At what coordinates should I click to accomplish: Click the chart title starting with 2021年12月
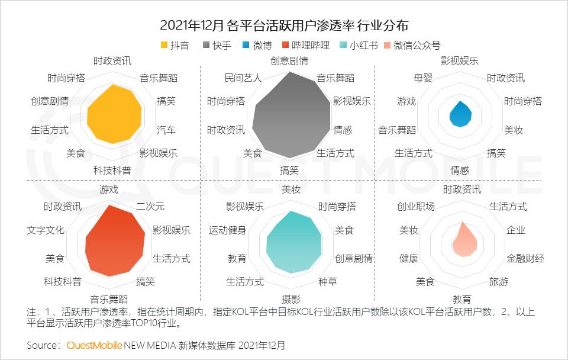(x=284, y=25)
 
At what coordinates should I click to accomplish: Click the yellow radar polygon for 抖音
(x=114, y=115)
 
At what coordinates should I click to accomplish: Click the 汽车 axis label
(x=166, y=130)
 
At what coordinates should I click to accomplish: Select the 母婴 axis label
(x=425, y=78)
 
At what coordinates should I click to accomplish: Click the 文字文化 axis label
(x=46, y=230)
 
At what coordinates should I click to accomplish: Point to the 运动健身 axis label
(x=227, y=230)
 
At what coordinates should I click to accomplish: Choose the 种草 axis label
(x=327, y=281)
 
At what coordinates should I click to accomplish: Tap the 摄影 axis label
(x=290, y=298)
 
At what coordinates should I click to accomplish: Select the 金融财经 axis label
(x=525, y=258)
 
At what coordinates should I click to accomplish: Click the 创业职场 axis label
(x=415, y=206)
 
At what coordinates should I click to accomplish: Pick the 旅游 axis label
(x=498, y=281)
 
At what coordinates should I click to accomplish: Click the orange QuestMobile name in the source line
(x=95, y=345)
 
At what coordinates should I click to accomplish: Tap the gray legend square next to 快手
(x=206, y=45)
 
